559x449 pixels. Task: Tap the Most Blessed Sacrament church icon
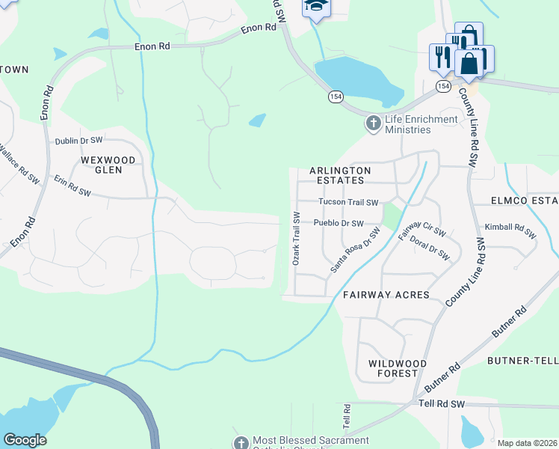click(241, 443)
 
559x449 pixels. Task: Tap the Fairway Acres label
click(386, 295)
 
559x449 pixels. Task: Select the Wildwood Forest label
click(398, 367)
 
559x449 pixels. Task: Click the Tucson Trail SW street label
click(348, 202)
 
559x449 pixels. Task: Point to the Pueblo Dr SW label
click(339, 223)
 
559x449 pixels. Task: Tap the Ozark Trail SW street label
click(296, 239)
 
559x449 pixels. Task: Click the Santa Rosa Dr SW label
click(356, 251)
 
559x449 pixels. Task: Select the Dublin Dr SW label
click(78, 141)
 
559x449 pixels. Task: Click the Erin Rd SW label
click(72, 187)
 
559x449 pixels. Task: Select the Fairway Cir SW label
click(414, 225)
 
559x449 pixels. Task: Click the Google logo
click(25, 440)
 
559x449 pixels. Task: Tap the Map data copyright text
click(526, 443)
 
